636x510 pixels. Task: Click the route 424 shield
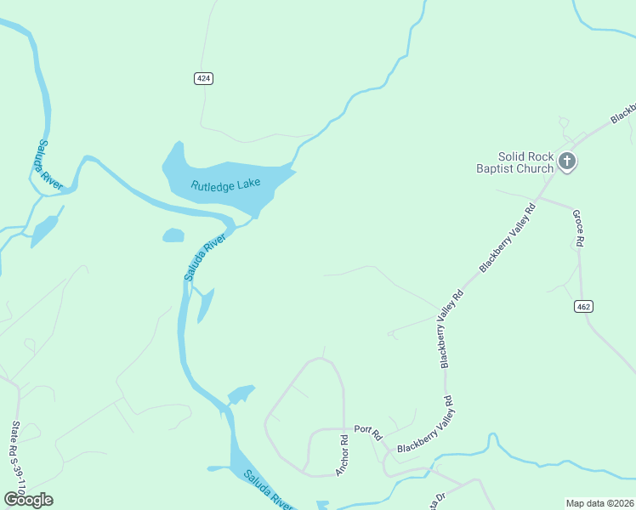[x=202, y=78]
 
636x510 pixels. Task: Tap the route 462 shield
[x=582, y=306]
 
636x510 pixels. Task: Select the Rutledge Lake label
[x=225, y=184]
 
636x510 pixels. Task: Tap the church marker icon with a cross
[x=567, y=161]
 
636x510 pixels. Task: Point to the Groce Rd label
[x=577, y=229]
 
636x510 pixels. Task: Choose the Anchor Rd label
[x=343, y=456]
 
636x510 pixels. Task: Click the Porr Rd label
[x=365, y=429]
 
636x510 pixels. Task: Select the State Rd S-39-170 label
[x=16, y=460]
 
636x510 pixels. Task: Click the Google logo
[x=29, y=499]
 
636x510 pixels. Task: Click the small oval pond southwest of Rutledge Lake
[x=173, y=235]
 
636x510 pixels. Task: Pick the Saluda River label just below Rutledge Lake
[x=205, y=256]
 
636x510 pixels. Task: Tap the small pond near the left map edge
[x=44, y=230]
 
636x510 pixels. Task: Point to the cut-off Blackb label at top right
[x=623, y=112]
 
